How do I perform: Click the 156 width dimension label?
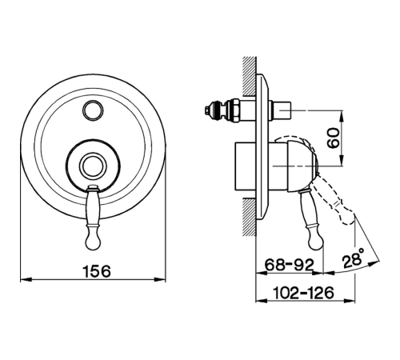(x=97, y=271)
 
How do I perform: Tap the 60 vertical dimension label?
(x=334, y=138)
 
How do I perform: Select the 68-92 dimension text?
(x=290, y=265)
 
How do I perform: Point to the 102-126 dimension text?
(x=304, y=293)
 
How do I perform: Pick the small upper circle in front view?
(x=93, y=110)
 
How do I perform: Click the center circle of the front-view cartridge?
(x=93, y=166)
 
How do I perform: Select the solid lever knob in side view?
(x=316, y=240)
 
